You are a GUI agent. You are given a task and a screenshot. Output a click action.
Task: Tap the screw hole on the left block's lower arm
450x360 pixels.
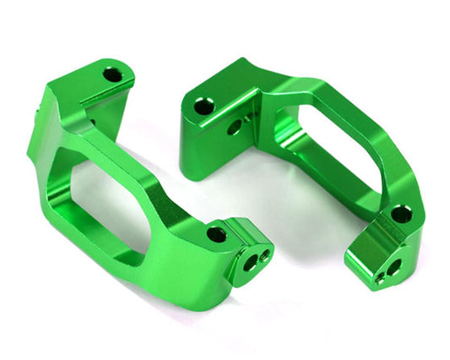pyautogui.click(x=216, y=234)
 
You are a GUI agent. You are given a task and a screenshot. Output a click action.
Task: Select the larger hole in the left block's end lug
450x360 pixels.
pyautogui.click(x=251, y=263)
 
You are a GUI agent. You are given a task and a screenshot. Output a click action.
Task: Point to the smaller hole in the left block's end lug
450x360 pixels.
pyautogui.click(x=267, y=254)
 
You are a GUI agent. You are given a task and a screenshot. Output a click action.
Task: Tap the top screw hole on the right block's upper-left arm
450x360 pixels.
pyautogui.click(x=203, y=107)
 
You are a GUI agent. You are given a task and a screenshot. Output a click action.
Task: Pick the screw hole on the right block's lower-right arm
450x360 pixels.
pyautogui.click(x=402, y=215)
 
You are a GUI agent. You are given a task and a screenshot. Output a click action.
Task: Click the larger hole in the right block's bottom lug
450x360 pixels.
pyautogui.click(x=393, y=268)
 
